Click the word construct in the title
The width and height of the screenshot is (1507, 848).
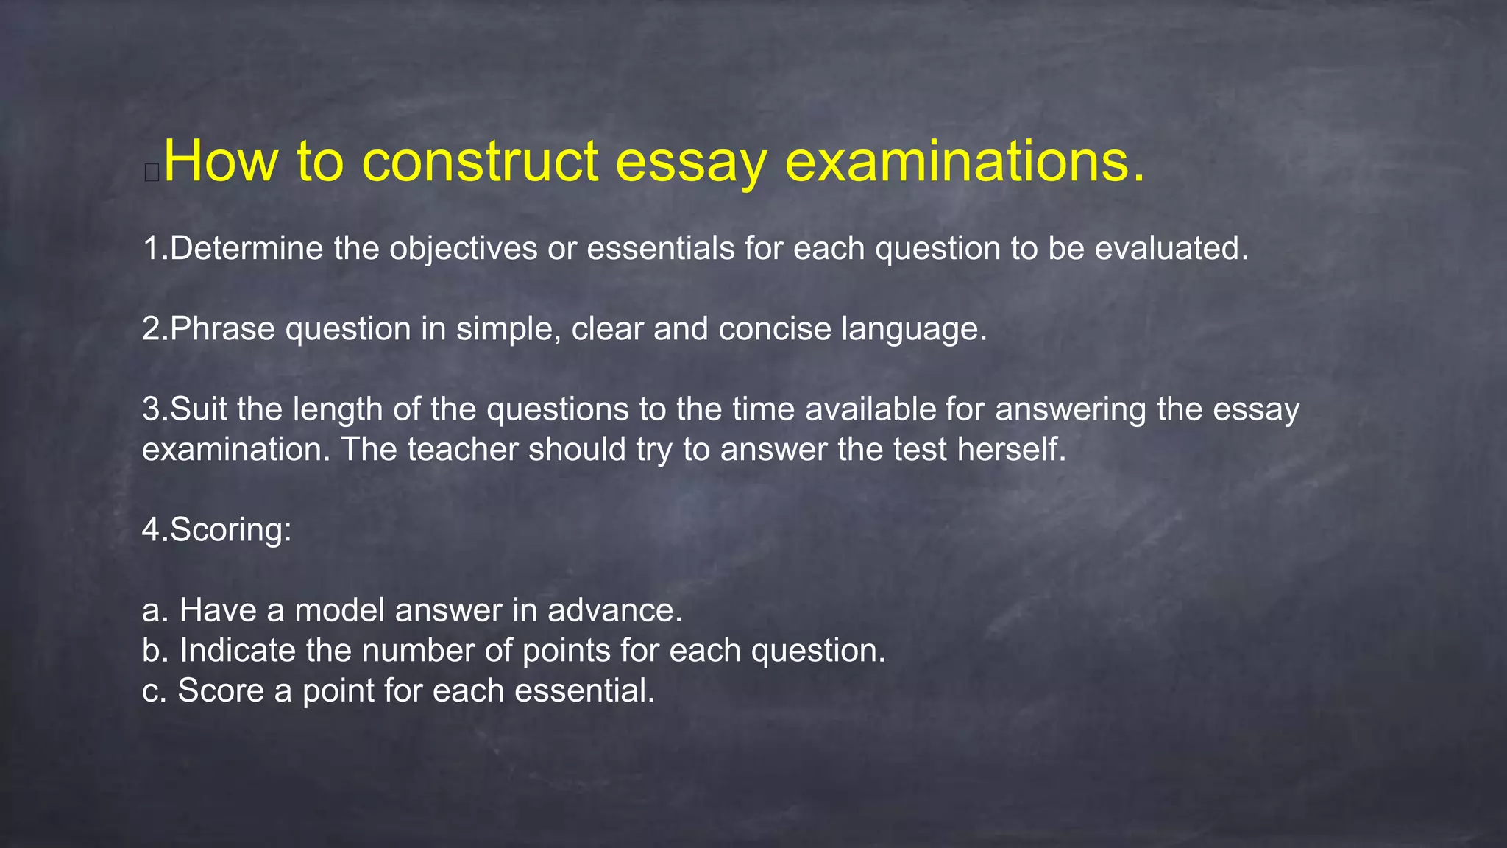[x=481, y=161]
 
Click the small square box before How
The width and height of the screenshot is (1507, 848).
[x=152, y=173]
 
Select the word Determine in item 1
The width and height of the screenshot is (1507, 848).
[x=247, y=249]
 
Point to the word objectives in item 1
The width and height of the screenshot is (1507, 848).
[x=463, y=249]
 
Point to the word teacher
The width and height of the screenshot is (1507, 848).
[x=464, y=450]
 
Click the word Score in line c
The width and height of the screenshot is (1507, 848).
[x=220, y=690]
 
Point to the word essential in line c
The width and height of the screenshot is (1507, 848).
[x=584, y=690]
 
